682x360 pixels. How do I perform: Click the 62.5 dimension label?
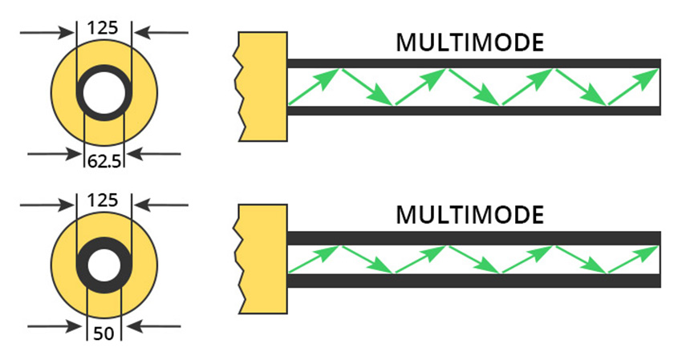(104, 161)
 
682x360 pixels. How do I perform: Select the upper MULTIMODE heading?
(470, 42)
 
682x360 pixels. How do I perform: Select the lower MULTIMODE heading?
(470, 215)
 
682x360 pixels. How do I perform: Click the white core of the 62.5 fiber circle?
(104, 93)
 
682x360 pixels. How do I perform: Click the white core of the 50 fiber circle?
(104, 266)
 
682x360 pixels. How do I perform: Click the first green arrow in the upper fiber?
(313, 87)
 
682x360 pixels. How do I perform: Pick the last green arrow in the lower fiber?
(634, 259)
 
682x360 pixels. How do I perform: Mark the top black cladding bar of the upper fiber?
(473, 63)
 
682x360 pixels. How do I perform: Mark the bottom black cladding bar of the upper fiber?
(473, 111)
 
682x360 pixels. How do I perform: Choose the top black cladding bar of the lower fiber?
(473, 238)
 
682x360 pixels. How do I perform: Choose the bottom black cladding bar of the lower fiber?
(473, 281)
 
